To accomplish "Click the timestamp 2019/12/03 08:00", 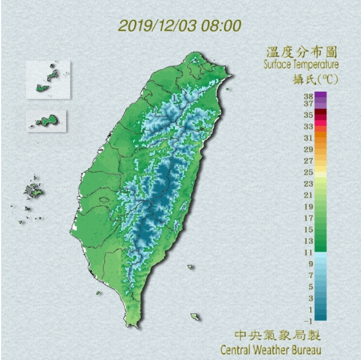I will pyautogui.click(x=180, y=26).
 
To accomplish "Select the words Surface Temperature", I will pyautogui.click(x=301, y=65).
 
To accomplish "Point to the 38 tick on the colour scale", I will pyautogui.click(x=309, y=96).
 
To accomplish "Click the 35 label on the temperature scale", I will pyautogui.click(x=309, y=115).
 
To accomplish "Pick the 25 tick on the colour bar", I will pyautogui.click(x=309, y=172).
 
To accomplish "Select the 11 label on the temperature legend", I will pyautogui.click(x=309, y=252).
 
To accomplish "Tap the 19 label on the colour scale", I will pyautogui.click(x=309, y=207).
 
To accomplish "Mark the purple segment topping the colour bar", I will pyautogui.click(x=320, y=97).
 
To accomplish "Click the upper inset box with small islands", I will pyautogui.click(x=48, y=80).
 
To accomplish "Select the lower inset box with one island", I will pyautogui.click(x=47, y=121).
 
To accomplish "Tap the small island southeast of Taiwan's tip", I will pyautogui.click(x=195, y=317).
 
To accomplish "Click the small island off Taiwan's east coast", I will pyautogui.click(x=191, y=265).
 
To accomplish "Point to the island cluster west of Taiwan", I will pyautogui.click(x=33, y=190).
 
